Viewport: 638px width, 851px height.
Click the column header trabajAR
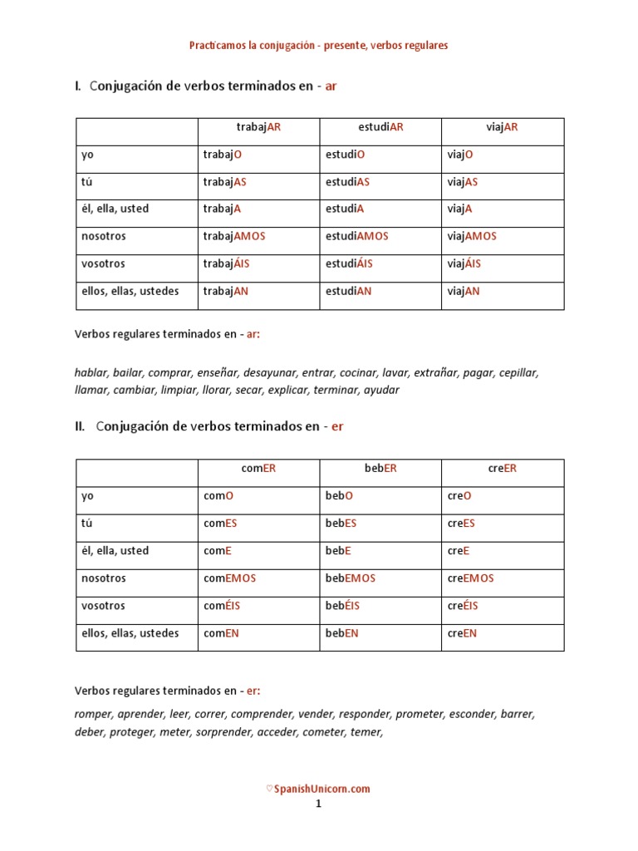258,127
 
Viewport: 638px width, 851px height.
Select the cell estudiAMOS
356,236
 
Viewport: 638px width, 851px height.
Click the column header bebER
380,469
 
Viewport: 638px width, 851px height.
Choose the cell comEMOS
229,578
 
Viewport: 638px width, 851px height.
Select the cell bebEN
341,633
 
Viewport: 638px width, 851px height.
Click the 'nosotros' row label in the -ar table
104,236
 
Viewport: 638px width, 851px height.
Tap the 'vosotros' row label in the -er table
103,606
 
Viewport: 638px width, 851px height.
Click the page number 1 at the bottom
317,804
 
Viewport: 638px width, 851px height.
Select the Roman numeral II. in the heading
80,426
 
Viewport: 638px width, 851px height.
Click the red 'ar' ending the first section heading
331,86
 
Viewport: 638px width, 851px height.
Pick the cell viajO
460,155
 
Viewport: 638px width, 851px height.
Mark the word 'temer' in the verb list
366,732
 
